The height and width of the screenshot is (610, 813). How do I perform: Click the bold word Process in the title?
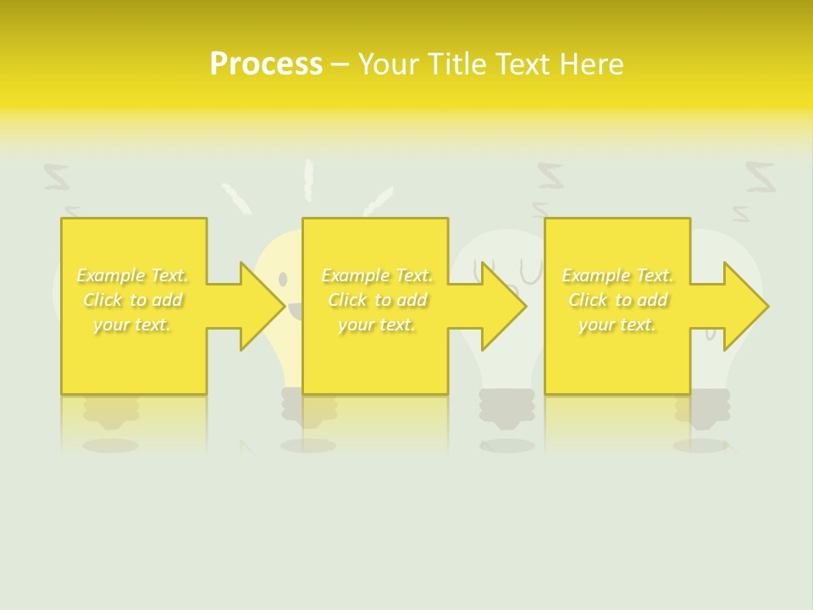click(266, 64)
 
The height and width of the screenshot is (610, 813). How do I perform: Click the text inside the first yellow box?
click(133, 300)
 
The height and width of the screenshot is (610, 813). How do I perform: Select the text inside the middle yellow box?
click(377, 300)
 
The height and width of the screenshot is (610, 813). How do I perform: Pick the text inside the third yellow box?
click(617, 300)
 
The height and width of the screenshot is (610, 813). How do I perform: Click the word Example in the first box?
click(110, 275)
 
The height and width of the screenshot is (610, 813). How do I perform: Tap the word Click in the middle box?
click(346, 300)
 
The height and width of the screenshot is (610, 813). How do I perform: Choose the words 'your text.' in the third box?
click(617, 324)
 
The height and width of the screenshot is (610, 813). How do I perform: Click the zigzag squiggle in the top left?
click(57, 177)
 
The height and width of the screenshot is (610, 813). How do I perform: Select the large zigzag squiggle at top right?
click(760, 175)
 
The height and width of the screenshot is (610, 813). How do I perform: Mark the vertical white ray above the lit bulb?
click(309, 179)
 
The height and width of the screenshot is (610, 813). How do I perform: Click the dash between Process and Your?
click(340, 65)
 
